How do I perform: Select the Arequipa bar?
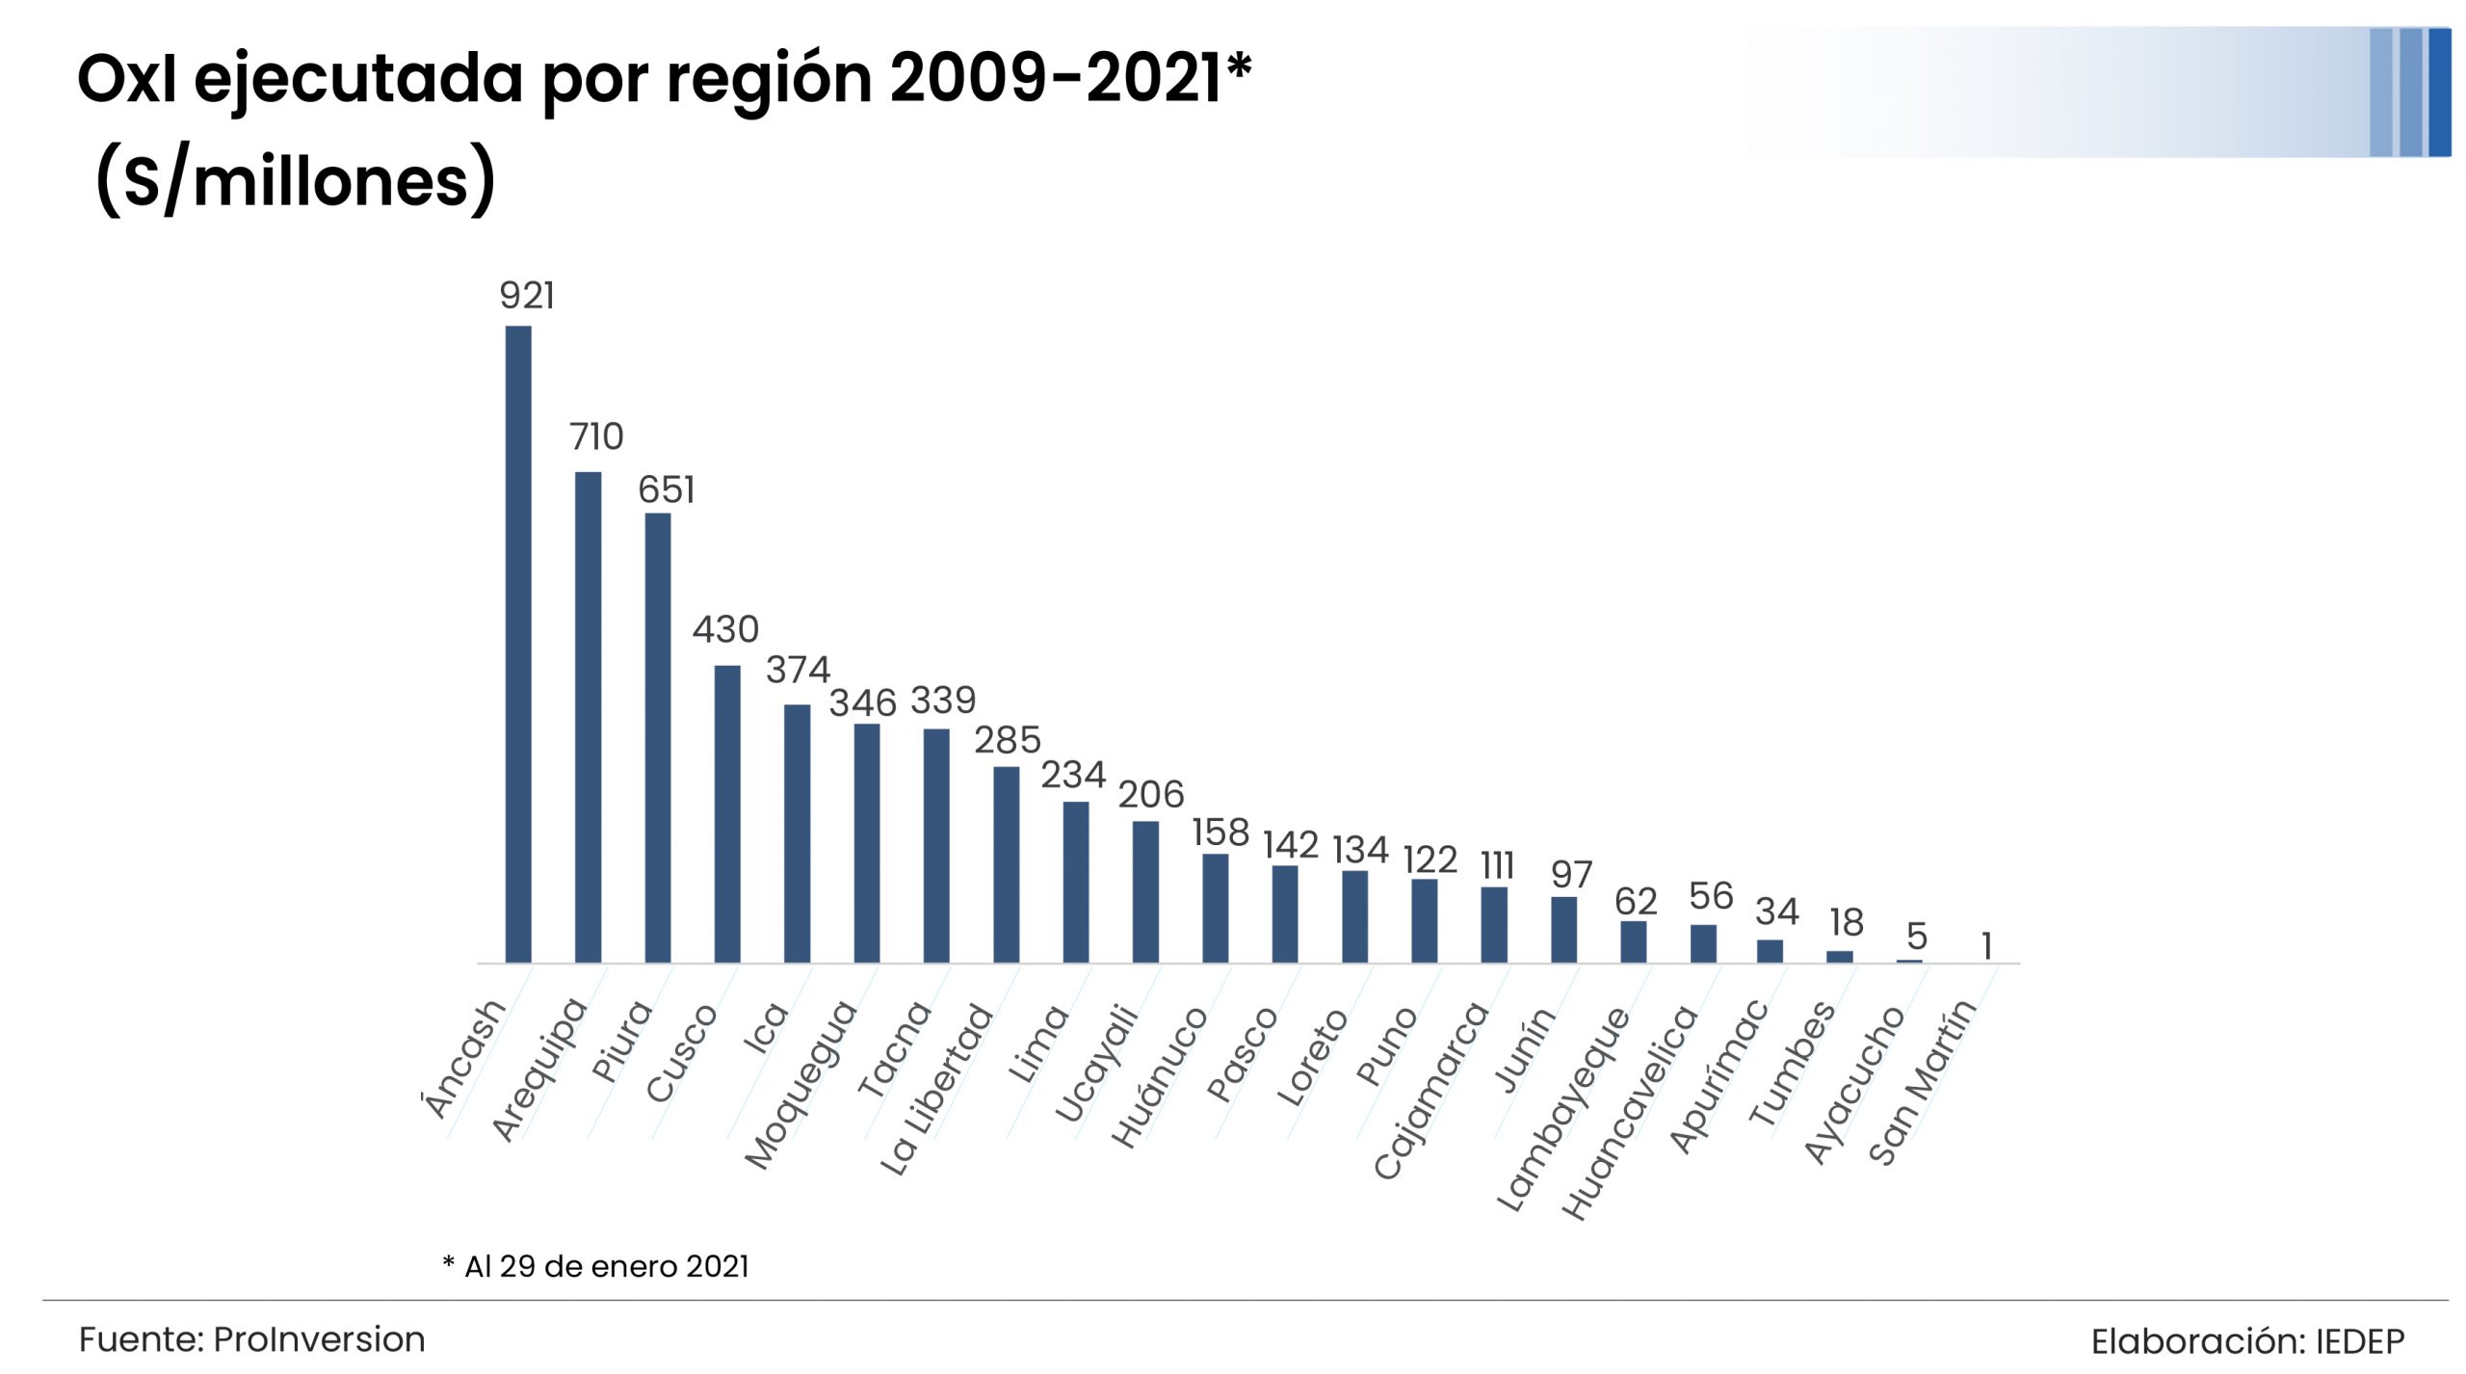pos(588,717)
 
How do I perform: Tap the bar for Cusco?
pos(727,813)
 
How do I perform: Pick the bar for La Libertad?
pos(1006,864)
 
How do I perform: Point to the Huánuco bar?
pos(1215,908)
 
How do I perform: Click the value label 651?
pos(666,490)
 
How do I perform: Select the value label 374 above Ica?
pos(798,670)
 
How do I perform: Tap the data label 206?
pos(1150,795)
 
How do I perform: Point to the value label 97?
pos(1571,875)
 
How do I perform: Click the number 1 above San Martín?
pos(1986,946)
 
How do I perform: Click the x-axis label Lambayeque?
pos(1562,1108)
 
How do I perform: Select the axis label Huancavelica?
pos(1630,1111)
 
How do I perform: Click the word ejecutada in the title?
pos(357,79)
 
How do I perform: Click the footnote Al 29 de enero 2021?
pos(606,1266)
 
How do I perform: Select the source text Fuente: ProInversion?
pos(251,1339)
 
